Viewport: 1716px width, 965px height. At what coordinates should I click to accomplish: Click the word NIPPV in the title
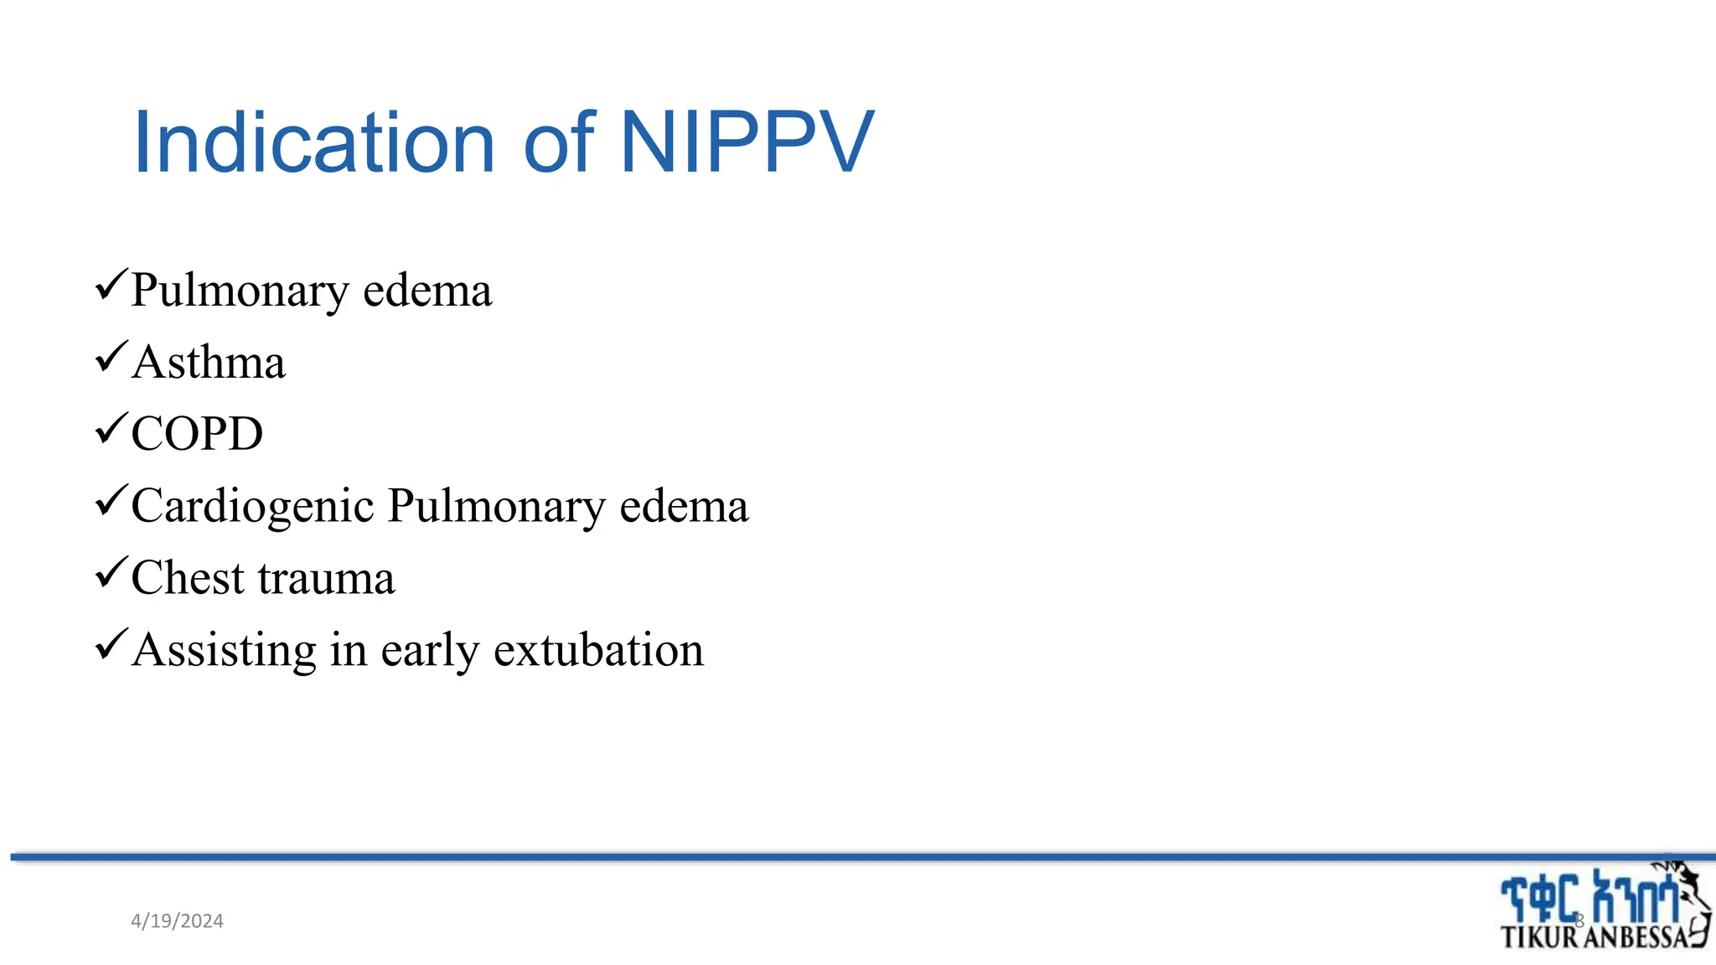(747, 143)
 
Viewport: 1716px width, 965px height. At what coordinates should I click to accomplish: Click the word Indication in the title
(314, 143)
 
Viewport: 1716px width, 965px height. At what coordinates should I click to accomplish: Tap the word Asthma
(209, 363)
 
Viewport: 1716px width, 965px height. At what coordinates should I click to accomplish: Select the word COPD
(197, 434)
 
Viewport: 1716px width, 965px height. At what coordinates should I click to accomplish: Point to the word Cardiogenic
(252, 507)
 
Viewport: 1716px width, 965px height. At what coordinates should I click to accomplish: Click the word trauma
(327, 578)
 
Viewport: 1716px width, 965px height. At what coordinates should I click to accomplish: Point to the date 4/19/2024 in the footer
(177, 921)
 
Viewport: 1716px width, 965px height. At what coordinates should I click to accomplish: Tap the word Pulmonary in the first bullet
(240, 292)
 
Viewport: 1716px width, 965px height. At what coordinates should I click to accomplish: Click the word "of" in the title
(559, 143)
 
